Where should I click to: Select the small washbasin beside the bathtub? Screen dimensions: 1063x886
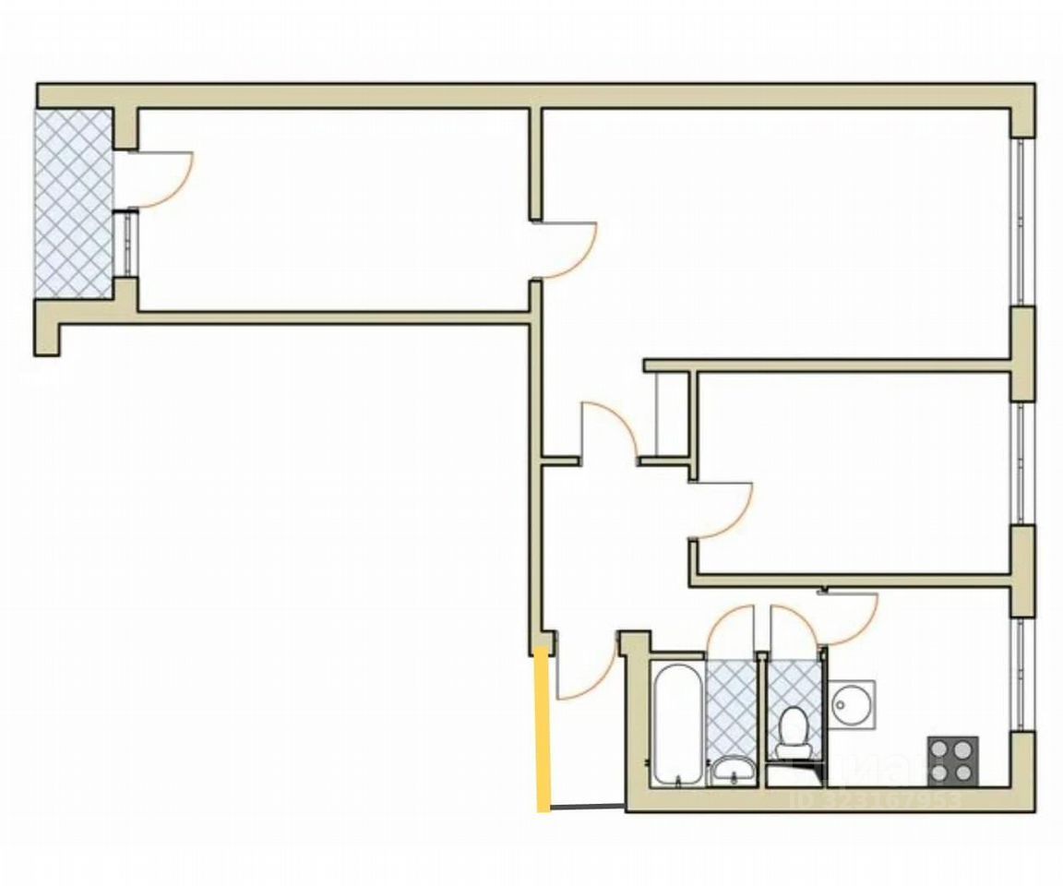click(734, 769)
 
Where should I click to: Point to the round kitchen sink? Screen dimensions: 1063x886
click(851, 706)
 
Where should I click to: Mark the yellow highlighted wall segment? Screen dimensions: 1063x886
click(543, 730)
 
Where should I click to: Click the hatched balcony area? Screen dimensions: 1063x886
click(73, 203)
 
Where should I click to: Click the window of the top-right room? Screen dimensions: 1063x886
click(1021, 221)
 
